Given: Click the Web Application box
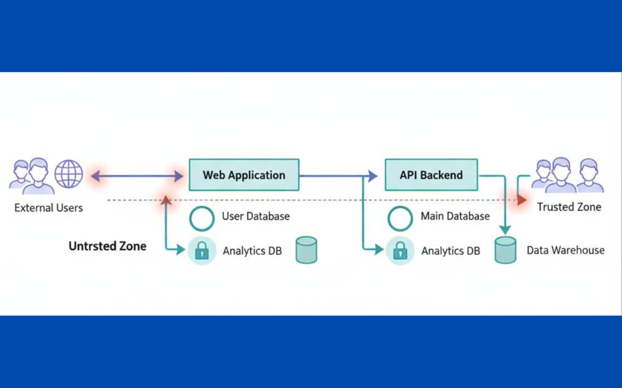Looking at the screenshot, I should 244,175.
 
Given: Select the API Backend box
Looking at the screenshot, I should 431,175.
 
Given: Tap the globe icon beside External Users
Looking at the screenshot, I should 69,174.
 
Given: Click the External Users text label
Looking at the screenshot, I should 48,208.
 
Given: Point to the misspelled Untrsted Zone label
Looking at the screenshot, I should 107,246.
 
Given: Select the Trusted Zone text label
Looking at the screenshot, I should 569,207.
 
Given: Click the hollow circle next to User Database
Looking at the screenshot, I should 202,218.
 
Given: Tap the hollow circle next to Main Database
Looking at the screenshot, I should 400,218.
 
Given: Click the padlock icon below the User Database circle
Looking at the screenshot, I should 202,251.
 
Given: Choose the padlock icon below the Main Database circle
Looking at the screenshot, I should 400,251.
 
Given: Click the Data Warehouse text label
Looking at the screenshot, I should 566,250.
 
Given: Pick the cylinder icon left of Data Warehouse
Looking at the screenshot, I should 505,250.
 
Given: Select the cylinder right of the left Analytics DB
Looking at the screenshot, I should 306,250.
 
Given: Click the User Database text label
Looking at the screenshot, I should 256,216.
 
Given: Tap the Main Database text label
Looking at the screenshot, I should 455,216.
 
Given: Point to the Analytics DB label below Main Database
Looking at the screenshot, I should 450,251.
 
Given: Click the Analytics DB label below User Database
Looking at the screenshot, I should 252,251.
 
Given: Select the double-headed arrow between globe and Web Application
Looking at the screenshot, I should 137,177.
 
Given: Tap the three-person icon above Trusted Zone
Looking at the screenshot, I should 568,175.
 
